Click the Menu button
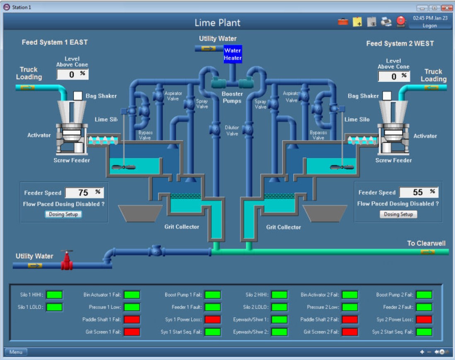(x=16, y=352)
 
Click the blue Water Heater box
(x=232, y=54)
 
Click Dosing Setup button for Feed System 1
(x=63, y=214)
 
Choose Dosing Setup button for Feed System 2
(x=398, y=214)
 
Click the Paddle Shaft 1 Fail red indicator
(x=132, y=319)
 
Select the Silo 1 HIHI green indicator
(x=54, y=294)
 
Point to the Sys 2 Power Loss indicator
(x=424, y=319)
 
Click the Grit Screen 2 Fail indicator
(x=350, y=332)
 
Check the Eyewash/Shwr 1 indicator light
(x=279, y=319)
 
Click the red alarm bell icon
(x=401, y=22)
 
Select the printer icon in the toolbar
(x=386, y=22)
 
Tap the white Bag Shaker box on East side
(x=78, y=96)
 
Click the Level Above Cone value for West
(x=394, y=76)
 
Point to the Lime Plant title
(x=217, y=23)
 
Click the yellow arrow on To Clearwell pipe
(x=427, y=252)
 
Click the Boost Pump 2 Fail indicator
(x=424, y=294)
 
